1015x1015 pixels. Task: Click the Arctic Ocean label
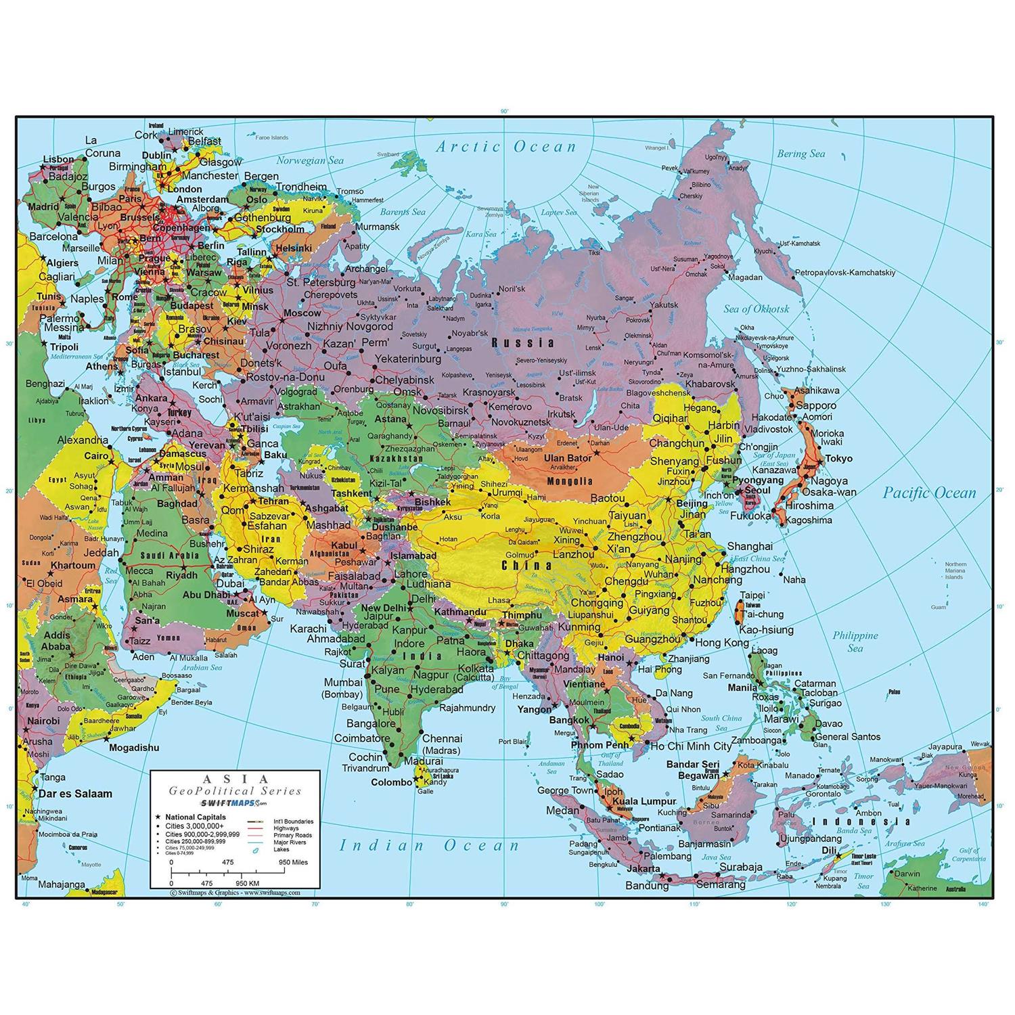pyautogui.click(x=506, y=146)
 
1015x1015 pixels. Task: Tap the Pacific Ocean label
pyautogui.click(x=929, y=493)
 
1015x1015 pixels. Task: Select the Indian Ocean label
pyautogui.click(x=429, y=845)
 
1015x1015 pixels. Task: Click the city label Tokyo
pyautogui.click(x=838, y=458)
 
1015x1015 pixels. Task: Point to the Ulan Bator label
pyautogui.click(x=568, y=458)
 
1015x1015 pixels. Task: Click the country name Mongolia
pyautogui.click(x=569, y=482)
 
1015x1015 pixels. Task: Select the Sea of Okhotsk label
pyautogui.click(x=757, y=309)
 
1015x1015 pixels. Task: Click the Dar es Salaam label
pyautogui.click(x=75, y=793)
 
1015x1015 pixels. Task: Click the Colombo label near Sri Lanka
pyautogui.click(x=392, y=782)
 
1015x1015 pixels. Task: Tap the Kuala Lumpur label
pyautogui.click(x=644, y=802)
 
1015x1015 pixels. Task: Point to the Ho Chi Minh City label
pyautogui.click(x=691, y=746)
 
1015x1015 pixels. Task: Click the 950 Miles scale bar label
pyautogui.click(x=293, y=862)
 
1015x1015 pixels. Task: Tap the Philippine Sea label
pyautogui.click(x=855, y=641)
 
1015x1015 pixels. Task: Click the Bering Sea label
pyautogui.click(x=800, y=154)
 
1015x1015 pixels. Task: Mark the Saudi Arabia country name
pyautogui.click(x=170, y=556)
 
